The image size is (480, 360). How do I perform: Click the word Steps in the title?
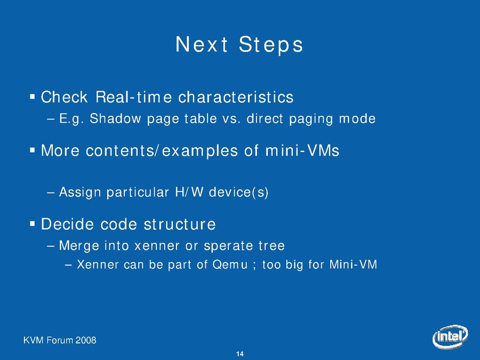click(x=271, y=45)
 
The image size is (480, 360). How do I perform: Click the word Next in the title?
click(x=202, y=44)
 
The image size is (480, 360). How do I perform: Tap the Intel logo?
click(x=450, y=336)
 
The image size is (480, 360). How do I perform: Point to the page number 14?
click(x=240, y=354)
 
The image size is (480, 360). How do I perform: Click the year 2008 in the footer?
click(x=86, y=340)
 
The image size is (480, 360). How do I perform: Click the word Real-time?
click(x=134, y=97)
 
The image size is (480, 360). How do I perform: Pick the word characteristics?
click(x=236, y=97)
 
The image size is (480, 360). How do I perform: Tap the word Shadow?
click(x=115, y=118)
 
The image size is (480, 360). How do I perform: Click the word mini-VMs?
click(x=302, y=150)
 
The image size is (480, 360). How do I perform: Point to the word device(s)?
click(x=238, y=192)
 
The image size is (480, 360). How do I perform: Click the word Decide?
click(x=67, y=224)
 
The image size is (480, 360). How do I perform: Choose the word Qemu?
click(x=230, y=265)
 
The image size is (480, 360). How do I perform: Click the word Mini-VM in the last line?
click(x=353, y=264)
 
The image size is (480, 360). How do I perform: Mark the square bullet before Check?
click(x=32, y=97)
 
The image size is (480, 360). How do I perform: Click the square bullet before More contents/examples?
click(x=32, y=150)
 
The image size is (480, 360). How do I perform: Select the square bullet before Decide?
click(x=32, y=224)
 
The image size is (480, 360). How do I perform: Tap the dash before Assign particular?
click(x=51, y=193)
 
